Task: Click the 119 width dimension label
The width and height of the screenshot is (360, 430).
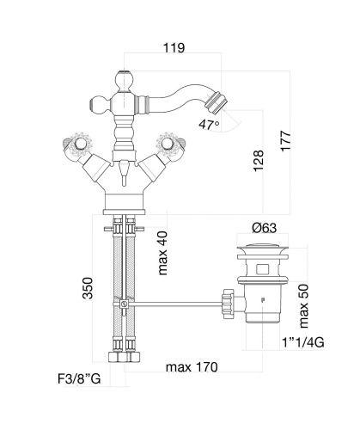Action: (x=174, y=47)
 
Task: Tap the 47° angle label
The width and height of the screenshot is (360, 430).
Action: (x=210, y=125)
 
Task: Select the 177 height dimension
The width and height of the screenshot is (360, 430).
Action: (x=285, y=140)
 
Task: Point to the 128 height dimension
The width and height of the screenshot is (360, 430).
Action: (x=259, y=161)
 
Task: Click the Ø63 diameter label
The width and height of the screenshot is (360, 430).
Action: (x=265, y=228)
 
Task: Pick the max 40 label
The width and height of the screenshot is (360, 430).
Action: (x=162, y=253)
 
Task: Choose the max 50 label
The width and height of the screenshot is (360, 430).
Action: (x=303, y=306)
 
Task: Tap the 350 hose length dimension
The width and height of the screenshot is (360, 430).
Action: (x=88, y=288)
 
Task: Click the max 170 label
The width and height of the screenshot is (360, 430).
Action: (x=192, y=367)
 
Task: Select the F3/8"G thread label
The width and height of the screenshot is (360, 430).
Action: (x=79, y=379)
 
